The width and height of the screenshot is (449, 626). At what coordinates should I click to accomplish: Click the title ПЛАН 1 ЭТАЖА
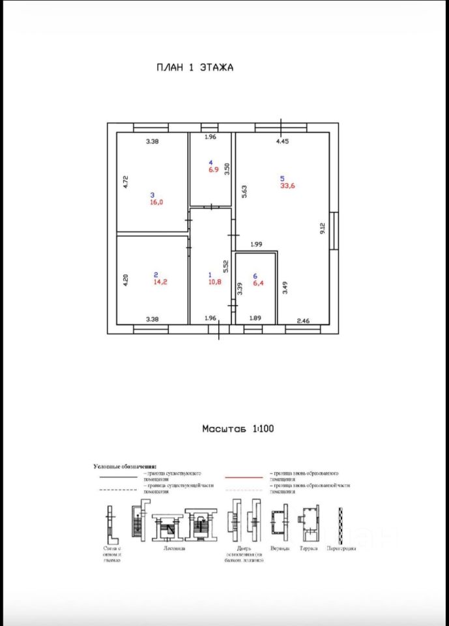[194, 67]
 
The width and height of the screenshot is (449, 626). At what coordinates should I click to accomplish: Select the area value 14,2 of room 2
[160, 282]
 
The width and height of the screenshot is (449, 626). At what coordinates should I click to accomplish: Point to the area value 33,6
[288, 186]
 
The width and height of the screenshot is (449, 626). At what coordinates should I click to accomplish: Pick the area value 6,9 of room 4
[213, 170]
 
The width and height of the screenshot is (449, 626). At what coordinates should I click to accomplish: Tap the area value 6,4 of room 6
[255, 284]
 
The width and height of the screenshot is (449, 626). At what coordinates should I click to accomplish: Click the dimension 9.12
[321, 228]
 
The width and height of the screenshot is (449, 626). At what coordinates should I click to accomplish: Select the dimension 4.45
[282, 141]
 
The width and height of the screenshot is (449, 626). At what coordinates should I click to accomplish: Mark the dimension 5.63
[244, 190]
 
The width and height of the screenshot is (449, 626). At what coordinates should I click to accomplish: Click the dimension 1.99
[256, 245]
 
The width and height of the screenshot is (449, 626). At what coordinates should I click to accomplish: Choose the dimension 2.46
[303, 320]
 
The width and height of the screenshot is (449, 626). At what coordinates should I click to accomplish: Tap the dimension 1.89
[255, 318]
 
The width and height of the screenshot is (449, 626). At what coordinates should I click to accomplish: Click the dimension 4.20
[126, 280]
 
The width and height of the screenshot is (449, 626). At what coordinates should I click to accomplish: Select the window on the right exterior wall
[334, 231]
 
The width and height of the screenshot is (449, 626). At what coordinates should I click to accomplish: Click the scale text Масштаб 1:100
[238, 429]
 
